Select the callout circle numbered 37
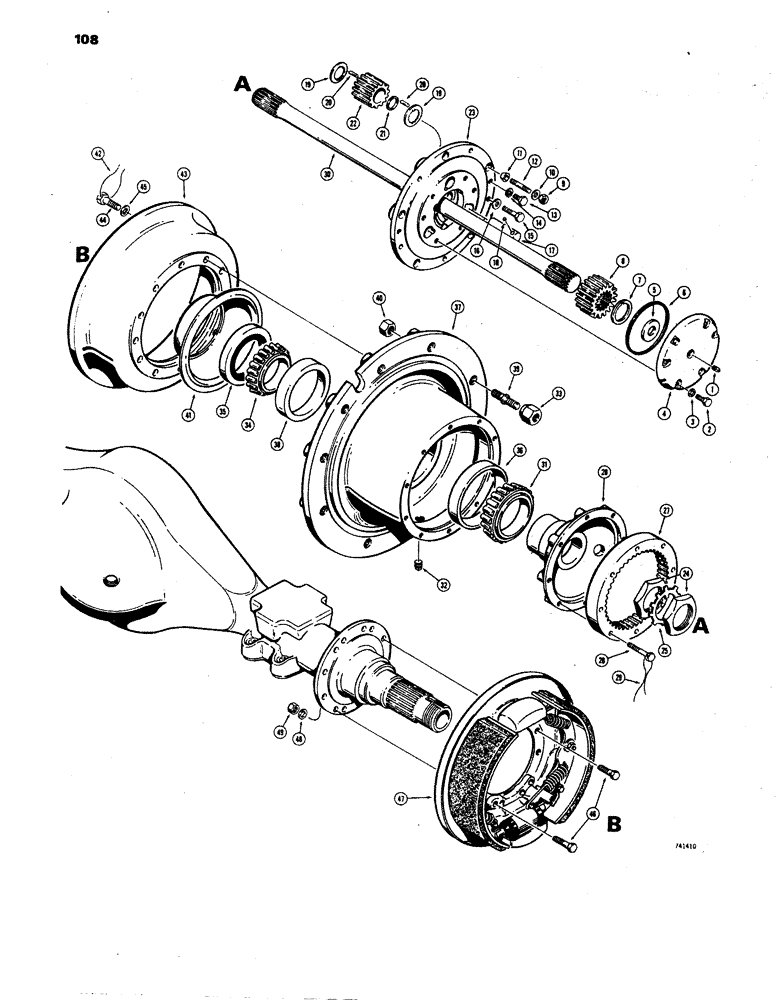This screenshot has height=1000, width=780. point(456,307)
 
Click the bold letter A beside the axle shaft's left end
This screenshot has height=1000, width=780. point(242,87)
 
